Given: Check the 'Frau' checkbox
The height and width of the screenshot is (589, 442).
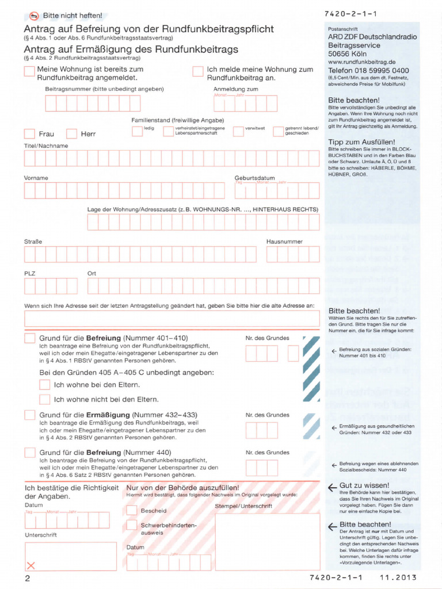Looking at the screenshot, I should tap(29, 134).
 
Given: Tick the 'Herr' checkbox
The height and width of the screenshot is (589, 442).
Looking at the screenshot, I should tap(71, 134).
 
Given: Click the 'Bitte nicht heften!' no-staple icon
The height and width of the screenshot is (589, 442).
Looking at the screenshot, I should tap(34, 16).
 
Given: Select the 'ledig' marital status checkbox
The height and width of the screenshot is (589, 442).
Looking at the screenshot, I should tap(137, 131).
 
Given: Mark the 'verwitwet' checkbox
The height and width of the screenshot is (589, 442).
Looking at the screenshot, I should tap(238, 131).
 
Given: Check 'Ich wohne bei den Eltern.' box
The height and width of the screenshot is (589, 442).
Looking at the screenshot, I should tap(44, 384).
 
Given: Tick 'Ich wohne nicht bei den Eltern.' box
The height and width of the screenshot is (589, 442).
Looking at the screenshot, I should tap(44, 399).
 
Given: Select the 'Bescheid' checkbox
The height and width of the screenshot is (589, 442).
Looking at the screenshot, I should tap(132, 510).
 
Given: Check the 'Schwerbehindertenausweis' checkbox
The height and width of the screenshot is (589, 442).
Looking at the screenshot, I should tap(132, 525).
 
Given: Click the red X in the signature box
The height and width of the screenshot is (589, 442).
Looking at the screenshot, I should tap(31, 565).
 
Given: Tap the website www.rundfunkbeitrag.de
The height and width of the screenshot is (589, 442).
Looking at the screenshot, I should tap(361, 62).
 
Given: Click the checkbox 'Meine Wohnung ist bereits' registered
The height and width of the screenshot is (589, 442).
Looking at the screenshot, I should tap(29, 71).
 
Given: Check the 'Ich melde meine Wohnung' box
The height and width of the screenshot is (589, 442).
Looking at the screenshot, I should tap(197, 71).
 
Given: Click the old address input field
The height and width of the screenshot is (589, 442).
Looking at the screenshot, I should tap(172, 319).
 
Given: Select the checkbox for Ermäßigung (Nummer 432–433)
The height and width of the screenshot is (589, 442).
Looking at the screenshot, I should tap(29, 415).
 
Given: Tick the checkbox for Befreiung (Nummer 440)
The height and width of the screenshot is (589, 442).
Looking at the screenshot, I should tap(29, 453).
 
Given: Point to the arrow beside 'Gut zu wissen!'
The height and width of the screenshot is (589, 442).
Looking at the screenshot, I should tap(332, 488).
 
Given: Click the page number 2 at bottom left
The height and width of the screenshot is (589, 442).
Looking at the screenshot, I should tap(27, 577).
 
